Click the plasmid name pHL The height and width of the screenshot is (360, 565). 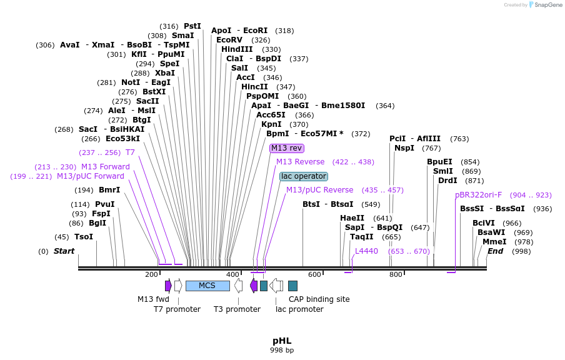(282, 341)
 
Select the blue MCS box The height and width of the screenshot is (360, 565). (207, 286)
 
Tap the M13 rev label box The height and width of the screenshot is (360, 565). (287, 148)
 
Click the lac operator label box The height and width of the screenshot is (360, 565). (303, 176)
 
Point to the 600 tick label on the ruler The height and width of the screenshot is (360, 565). (314, 274)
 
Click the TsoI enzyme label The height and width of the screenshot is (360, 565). (84, 237)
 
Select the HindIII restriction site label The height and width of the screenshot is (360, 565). (237, 49)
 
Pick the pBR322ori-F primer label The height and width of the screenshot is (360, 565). (478, 195)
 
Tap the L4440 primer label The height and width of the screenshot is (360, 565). (366, 251)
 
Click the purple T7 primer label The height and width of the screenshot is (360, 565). (130, 152)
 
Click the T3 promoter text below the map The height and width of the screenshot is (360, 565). (237, 309)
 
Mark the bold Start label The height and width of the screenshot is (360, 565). (64, 251)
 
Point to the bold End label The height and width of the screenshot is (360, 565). (495, 251)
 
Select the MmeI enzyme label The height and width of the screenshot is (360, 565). (494, 242)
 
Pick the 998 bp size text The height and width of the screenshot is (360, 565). (282, 351)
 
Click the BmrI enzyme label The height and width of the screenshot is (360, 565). (110, 190)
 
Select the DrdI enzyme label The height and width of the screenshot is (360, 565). (447, 181)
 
